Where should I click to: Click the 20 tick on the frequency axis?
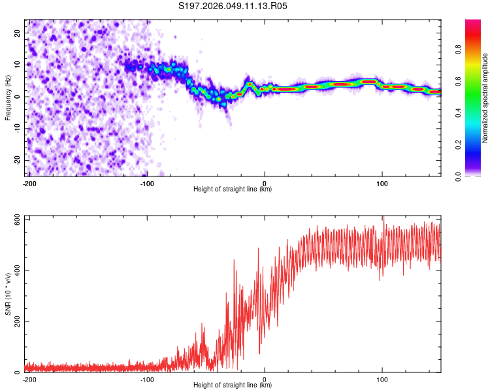pos(18,33)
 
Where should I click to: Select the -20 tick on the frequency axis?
pos(17,160)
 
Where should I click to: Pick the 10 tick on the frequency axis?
pos(18,65)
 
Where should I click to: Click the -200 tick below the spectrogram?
pos(29,183)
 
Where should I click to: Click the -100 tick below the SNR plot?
pos(147,379)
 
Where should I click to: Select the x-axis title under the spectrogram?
pos(233,189)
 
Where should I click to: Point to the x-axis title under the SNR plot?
pos(233,385)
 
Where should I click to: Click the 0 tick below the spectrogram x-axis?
pos(265,183)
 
